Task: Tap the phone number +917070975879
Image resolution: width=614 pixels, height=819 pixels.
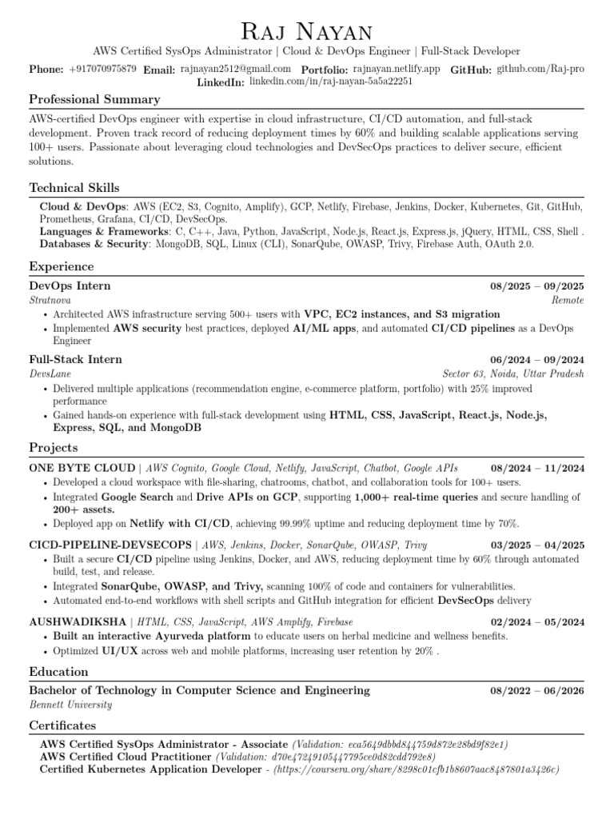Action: pos(102,70)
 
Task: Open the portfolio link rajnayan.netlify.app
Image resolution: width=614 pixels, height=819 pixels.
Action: pos(396,70)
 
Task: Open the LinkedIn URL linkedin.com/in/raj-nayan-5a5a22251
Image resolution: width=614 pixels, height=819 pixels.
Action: pos(330,82)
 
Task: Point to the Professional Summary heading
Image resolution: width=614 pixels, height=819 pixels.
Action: pos(94,99)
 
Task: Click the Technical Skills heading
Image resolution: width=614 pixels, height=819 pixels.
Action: pos(74,188)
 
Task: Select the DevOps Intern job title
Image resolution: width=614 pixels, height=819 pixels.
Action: pos(70,286)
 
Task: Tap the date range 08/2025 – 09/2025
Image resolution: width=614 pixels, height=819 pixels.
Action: pos(536,286)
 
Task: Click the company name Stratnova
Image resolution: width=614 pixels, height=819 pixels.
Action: pos(50,300)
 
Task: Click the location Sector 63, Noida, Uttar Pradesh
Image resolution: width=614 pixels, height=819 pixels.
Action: pos(513,374)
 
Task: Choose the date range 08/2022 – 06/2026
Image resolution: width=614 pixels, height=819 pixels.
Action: pos(536,690)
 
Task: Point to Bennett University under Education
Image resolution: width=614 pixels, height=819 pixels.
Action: pos(70,705)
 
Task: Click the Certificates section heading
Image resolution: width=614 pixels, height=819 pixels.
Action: pos(62,725)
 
